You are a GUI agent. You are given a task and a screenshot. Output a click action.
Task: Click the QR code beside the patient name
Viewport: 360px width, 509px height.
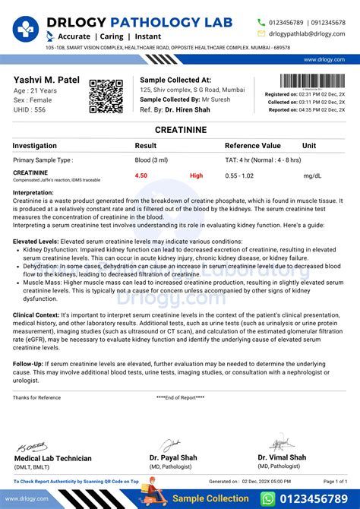coord(106,96)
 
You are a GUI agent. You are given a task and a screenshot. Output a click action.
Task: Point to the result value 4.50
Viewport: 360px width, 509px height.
coord(141,175)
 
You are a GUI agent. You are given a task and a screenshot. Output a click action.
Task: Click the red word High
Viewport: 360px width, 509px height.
coord(197,175)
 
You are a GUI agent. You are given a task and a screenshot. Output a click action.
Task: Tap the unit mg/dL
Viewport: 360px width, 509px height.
coord(311,175)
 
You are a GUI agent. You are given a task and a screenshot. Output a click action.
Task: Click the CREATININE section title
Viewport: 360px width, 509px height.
coord(179,131)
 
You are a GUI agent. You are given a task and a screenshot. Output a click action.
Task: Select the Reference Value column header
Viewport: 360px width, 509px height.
coord(253,145)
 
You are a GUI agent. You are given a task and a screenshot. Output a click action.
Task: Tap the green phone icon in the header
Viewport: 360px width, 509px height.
coord(262,23)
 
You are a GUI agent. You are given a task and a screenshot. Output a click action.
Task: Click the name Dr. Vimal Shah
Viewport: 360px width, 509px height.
coord(282,457)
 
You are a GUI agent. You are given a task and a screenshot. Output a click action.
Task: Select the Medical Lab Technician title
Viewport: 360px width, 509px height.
coord(53,458)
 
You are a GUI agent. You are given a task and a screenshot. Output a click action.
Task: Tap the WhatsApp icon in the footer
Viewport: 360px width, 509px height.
coord(267,498)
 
